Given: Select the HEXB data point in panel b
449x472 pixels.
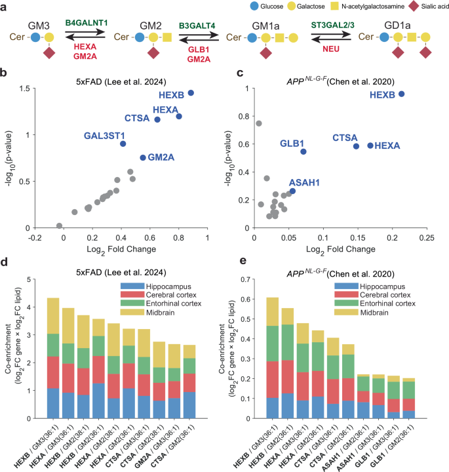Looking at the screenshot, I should (191, 93).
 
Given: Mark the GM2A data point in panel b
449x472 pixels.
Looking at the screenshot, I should (143, 157).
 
